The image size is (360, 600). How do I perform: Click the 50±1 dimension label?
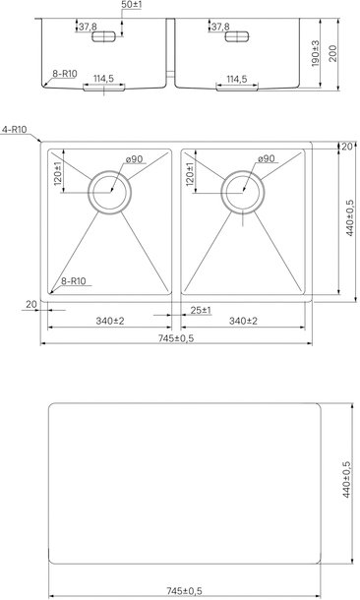131,5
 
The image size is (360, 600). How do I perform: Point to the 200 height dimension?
332,53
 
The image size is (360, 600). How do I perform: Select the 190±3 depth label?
316,53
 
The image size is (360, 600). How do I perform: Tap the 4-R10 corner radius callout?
14,130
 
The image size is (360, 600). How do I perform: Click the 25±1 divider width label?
201,311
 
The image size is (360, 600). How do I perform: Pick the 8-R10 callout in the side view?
65,74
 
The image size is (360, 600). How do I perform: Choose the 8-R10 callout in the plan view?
74,281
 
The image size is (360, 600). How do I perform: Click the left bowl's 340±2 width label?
110,321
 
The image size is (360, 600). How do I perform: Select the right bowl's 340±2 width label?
243,321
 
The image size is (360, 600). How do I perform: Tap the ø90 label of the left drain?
135,158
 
